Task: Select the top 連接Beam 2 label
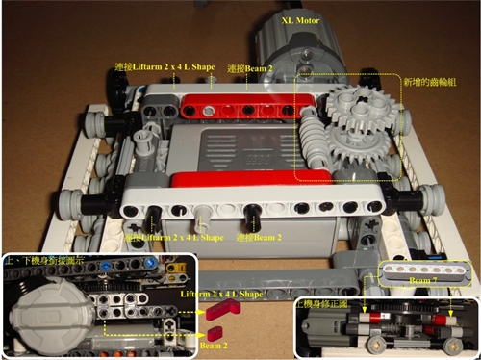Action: (x=247, y=69)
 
